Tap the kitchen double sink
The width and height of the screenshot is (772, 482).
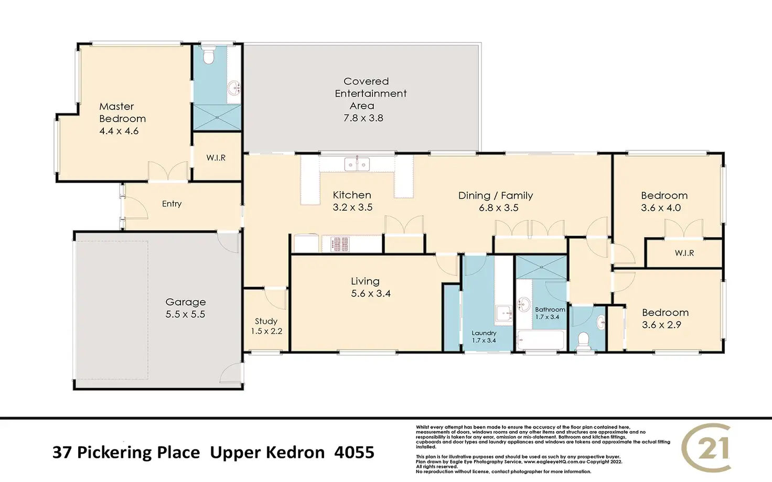(x=357, y=164)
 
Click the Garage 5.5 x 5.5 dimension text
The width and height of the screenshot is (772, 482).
(x=186, y=314)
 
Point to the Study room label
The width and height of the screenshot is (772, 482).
(x=266, y=321)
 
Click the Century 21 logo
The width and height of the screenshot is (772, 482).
(x=706, y=447)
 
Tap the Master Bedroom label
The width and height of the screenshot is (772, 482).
(x=122, y=112)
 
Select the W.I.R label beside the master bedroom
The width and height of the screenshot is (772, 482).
(x=216, y=158)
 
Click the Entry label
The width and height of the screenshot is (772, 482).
(x=171, y=204)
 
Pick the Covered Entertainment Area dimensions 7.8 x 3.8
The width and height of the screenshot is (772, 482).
(x=363, y=118)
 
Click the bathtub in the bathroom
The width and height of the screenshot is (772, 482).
(x=540, y=340)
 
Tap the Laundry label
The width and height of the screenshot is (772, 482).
(x=484, y=333)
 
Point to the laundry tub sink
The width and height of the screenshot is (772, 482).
(x=503, y=313)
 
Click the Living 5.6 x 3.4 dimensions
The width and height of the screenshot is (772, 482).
(x=371, y=294)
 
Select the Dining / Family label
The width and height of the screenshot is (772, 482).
(x=496, y=195)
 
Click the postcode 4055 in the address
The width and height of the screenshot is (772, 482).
(x=355, y=452)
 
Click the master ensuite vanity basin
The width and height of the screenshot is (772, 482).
(x=235, y=88)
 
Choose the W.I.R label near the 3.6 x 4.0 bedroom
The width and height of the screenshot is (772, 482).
(x=684, y=253)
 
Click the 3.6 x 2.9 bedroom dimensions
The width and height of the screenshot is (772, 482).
(x=662, y=325)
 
